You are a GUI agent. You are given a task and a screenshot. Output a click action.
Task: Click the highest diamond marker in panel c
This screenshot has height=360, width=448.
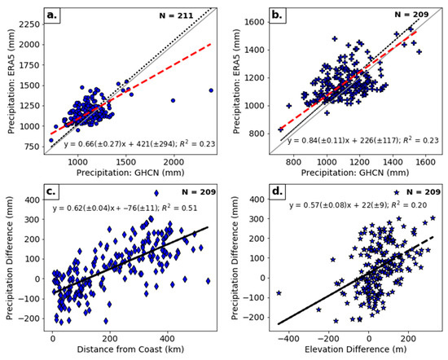coord(156,193)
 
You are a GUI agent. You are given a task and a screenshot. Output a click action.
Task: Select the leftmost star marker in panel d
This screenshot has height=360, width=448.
coord(279,292)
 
